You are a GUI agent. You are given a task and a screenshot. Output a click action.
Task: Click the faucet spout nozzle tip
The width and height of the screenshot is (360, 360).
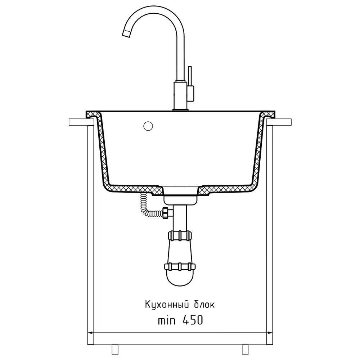tap(126, 33)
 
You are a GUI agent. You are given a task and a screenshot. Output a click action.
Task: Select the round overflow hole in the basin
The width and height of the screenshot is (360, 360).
tap(148, 126)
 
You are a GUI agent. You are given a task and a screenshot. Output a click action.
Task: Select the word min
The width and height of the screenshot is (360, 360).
tap(167, 320)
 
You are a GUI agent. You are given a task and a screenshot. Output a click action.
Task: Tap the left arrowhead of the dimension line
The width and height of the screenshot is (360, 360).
tap(90, 332)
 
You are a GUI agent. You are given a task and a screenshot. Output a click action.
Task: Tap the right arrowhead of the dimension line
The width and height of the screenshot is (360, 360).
tap(270, 332)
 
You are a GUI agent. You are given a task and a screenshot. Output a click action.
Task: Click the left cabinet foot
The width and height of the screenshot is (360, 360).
tap(115, 349)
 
